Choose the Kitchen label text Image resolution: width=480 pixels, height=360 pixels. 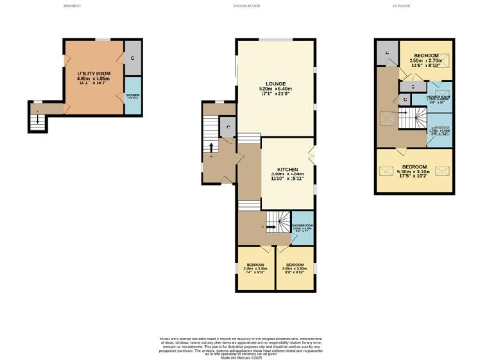(x=277, y=167)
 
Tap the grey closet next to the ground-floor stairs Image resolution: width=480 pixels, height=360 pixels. (x=228, y=127)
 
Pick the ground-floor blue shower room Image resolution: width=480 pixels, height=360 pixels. (x=301, y=229)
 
